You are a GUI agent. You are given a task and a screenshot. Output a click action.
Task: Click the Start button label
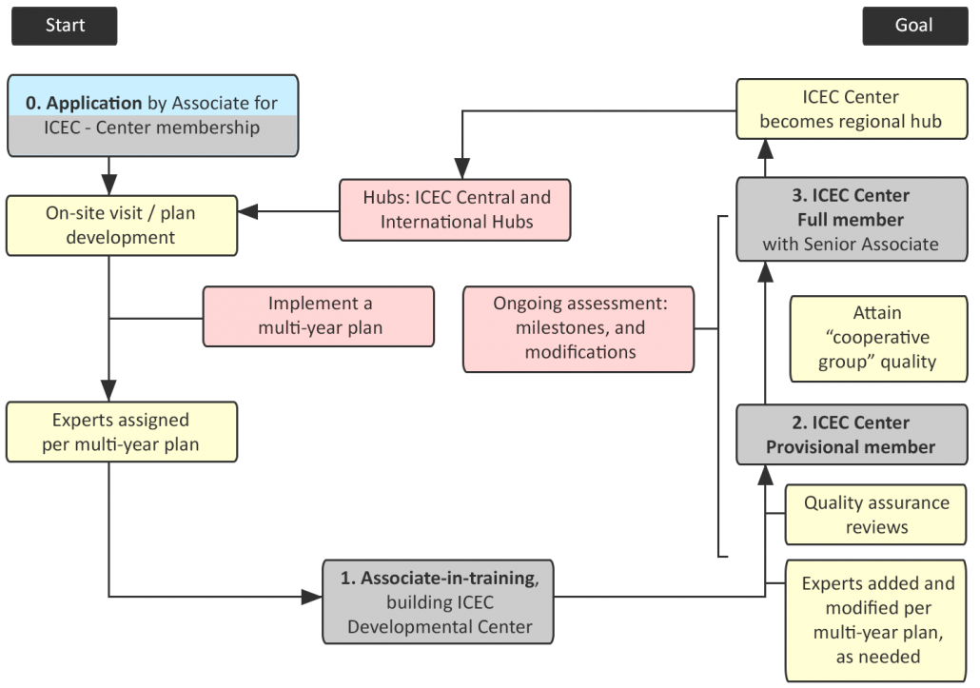[65, 26]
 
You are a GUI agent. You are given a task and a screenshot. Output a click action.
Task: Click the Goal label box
[912, 26]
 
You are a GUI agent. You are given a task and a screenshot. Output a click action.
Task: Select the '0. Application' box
[152, 115]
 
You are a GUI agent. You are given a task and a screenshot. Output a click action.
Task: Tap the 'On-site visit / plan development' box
[121, 225]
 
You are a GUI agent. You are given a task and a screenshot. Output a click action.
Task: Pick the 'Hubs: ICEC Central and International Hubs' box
[456, 209]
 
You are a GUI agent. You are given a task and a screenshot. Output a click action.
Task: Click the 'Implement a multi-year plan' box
[319, 316]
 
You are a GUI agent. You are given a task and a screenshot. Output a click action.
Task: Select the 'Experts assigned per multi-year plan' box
[121, 431]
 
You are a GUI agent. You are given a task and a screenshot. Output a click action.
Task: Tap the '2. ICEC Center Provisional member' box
[851, 435]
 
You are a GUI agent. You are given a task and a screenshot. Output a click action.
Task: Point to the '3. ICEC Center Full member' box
[851, 220]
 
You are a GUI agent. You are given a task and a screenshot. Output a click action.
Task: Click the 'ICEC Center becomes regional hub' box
[851, 109]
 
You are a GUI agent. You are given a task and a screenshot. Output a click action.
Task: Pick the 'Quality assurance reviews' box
[876, 514]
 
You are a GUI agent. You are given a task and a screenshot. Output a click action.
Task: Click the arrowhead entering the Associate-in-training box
[312, 598]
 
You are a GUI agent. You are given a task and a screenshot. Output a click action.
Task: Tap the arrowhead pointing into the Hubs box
[463, 168]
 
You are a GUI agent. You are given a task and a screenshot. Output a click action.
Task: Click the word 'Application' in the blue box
[94, 103]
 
